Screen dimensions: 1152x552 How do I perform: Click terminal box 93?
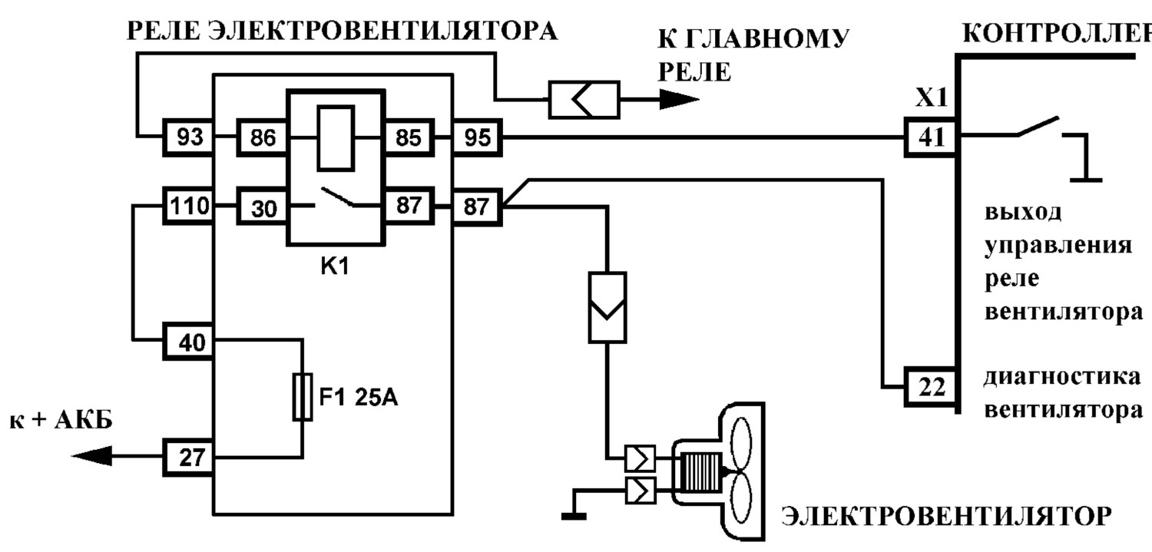[188, 137]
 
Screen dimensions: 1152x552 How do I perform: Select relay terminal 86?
[263, 137]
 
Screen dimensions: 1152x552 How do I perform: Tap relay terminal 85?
[409, 137]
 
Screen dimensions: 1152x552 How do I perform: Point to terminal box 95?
[477, 137]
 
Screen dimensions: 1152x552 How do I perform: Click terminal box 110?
[188, 206]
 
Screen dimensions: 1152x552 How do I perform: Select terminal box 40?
[188, 342]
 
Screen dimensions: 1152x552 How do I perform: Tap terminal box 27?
[188, 457]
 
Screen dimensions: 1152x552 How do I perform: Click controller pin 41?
[931, 137]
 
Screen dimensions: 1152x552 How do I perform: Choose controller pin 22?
[931, 386]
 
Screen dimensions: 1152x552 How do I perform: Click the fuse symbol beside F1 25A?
[303, 397]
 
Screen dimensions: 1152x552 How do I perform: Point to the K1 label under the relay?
[335, 266]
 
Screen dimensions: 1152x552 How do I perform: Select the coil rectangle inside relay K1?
[336, 137]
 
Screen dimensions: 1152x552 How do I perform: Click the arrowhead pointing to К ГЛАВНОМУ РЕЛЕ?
[679, 99]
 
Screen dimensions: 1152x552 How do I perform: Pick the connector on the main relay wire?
[584, 100]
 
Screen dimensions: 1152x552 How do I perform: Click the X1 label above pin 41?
[931, 98]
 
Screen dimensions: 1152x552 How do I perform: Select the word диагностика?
[1062, 377]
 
